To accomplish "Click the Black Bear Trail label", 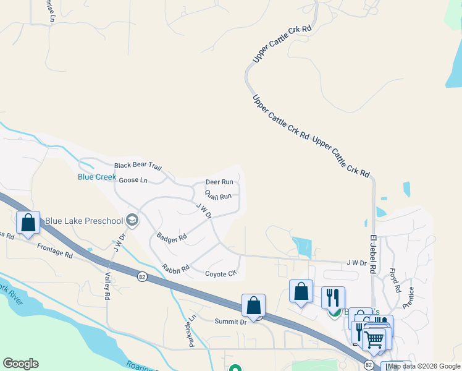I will coord(138,166).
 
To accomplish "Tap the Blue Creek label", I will coord(97,177).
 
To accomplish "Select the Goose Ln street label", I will coord(133,181).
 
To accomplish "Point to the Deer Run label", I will coord(219,182).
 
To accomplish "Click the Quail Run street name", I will coord(218,196).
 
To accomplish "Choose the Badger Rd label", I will coord(172,237).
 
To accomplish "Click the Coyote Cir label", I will coord(220,273).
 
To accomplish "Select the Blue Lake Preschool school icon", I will coord(132,220).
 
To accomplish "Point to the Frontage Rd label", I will coord(55,250).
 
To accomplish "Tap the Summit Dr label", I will coord(230,321).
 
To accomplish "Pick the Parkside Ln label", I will coord(191,330).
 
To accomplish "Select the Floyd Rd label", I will coord(394,280).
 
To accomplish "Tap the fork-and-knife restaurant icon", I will coord(333,297).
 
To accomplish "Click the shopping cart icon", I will coord(374,339).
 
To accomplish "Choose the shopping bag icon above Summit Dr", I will coord(253,304).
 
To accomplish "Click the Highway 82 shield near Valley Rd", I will coord(143,276).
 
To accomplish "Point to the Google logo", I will coord(20,364).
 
